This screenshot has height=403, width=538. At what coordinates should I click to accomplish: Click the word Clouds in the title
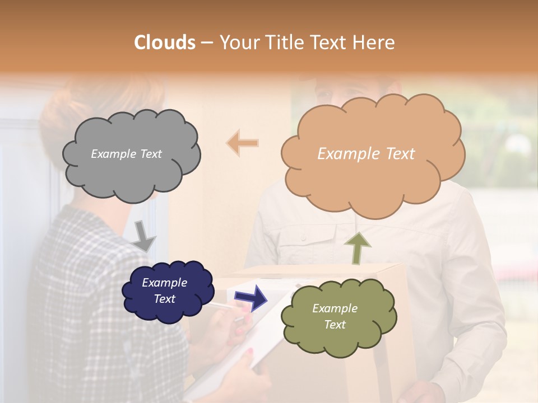pyautogui.click(x=164, y=43)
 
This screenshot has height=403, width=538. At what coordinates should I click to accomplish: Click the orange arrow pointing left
pyautogui.click(x=243, y=143)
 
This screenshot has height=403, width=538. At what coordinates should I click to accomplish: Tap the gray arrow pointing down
pyautogui.click(x=144, y=236)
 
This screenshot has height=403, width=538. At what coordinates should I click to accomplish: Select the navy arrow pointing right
pyautogui.click(x=251, y=297)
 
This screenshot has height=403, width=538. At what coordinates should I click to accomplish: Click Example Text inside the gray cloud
pyautogui.click(x=126, y=154)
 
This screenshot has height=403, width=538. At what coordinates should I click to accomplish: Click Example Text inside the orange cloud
pyautogui.click(x=366, y=154)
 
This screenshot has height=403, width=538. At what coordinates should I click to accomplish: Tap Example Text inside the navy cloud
pyautogui.click(x=165, y=290)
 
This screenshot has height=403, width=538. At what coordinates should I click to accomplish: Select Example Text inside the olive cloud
pyautogui.click(x=335, y=316)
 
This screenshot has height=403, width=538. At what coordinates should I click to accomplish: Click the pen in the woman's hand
pyautogui.click(x=224, y=307)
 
